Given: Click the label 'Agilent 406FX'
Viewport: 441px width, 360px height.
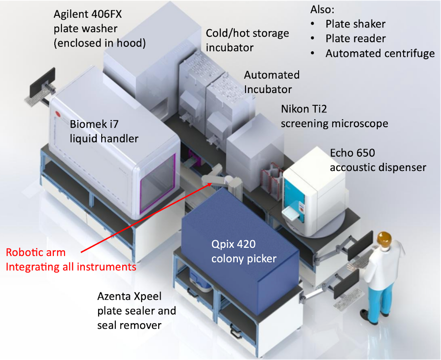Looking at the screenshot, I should (88, 14).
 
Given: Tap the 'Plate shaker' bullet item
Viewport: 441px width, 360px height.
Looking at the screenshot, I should (355, 24).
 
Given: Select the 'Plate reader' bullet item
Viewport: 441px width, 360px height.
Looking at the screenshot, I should (355, 39).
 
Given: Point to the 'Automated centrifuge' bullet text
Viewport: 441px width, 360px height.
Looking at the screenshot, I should (380, 54).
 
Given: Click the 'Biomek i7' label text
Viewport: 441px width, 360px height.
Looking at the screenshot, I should (94, 124).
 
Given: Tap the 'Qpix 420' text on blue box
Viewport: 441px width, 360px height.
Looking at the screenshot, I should (233, 244).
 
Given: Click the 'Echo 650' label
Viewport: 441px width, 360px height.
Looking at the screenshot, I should (352, 153).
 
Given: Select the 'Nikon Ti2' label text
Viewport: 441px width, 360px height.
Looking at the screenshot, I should (304, 109).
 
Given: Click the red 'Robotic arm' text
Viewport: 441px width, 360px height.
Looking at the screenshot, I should (35, 253).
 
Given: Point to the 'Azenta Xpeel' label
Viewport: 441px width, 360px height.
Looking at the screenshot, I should (129, 296).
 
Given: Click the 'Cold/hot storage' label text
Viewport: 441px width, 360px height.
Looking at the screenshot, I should (247, 33).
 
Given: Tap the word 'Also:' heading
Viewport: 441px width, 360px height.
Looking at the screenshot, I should (322, 10).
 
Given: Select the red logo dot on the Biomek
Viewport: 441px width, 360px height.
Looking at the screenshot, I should (58, 114).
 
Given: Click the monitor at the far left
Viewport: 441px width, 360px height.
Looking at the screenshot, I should (43, 82).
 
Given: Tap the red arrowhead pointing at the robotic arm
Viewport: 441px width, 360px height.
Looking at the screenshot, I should (209, 184).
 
